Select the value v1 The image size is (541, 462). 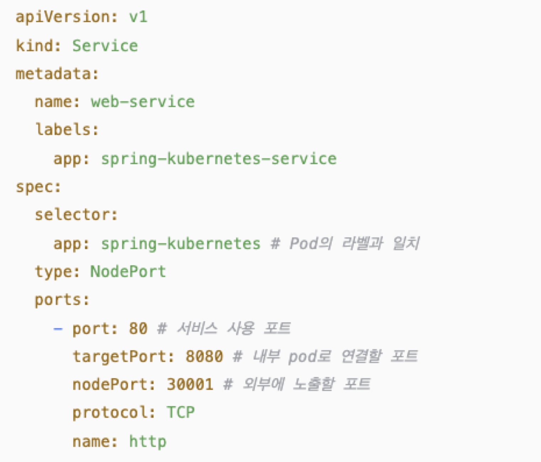tap(138, 17)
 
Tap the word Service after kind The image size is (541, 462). tap(105, 45)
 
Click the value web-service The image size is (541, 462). tap(143, 102)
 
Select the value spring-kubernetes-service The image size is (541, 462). tap(219, 159)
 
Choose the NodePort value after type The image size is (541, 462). tap(128, 272)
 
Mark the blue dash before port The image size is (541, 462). tap(58, 329)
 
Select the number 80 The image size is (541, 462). tap(138, 328)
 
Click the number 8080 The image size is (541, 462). tap(204, 356)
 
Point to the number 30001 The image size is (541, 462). tap(190, 385)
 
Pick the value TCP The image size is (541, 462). tap(181, 413)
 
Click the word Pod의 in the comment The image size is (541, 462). tap(311, 243)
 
